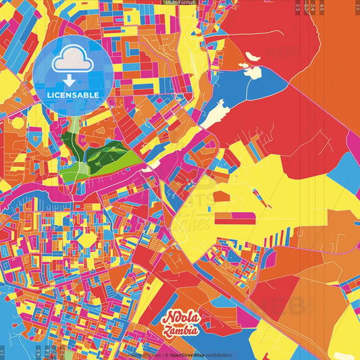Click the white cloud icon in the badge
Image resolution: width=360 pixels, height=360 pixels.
click(x=74, y=59)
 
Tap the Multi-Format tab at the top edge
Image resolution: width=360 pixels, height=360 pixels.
click(x=180, y=3)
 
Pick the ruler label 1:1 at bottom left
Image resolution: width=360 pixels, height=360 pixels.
click(x=3, y=352)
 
